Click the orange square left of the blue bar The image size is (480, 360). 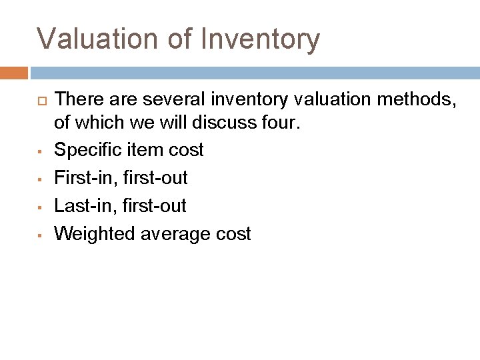click(14, 73)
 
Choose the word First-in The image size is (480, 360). click(85, 178)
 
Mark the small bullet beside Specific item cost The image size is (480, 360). click(41, 151)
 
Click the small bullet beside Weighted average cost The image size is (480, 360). click(41, 235)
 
